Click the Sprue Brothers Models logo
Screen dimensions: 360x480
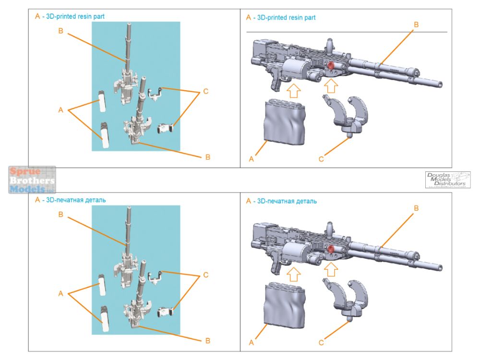[32, 180]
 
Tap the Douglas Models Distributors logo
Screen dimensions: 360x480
[448, 180]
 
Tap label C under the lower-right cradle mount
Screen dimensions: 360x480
[321, 343]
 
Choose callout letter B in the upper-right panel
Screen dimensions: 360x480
[416, 24]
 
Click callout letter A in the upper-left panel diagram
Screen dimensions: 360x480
[60, 110]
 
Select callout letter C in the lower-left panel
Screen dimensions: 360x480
[205, 275]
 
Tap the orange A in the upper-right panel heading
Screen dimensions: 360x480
[248, 17]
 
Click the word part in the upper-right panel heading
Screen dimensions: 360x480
[309, 17]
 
